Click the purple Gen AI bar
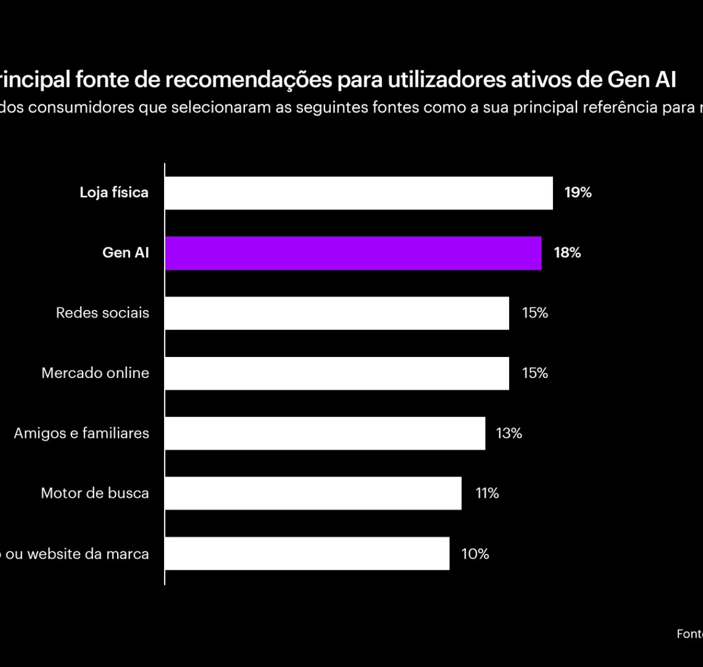click(353, 253)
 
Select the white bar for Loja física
click(359, 193)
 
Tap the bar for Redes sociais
click(337, 313)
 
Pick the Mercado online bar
click(337, 373)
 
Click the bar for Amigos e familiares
click(325, 433)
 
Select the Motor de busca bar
click(313, 493)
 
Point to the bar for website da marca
click(307, 553)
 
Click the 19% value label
click(578, 193)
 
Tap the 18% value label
click(567, 253)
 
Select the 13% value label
click(509, 433)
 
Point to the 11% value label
click(487, 494)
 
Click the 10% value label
click(475, 554)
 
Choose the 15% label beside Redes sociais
click(534, 313)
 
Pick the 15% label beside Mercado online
click(534, 373)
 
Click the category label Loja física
click(114, 193)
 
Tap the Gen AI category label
click(125, 253)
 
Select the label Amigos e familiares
click(81, 433)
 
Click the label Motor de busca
click(95, 494)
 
